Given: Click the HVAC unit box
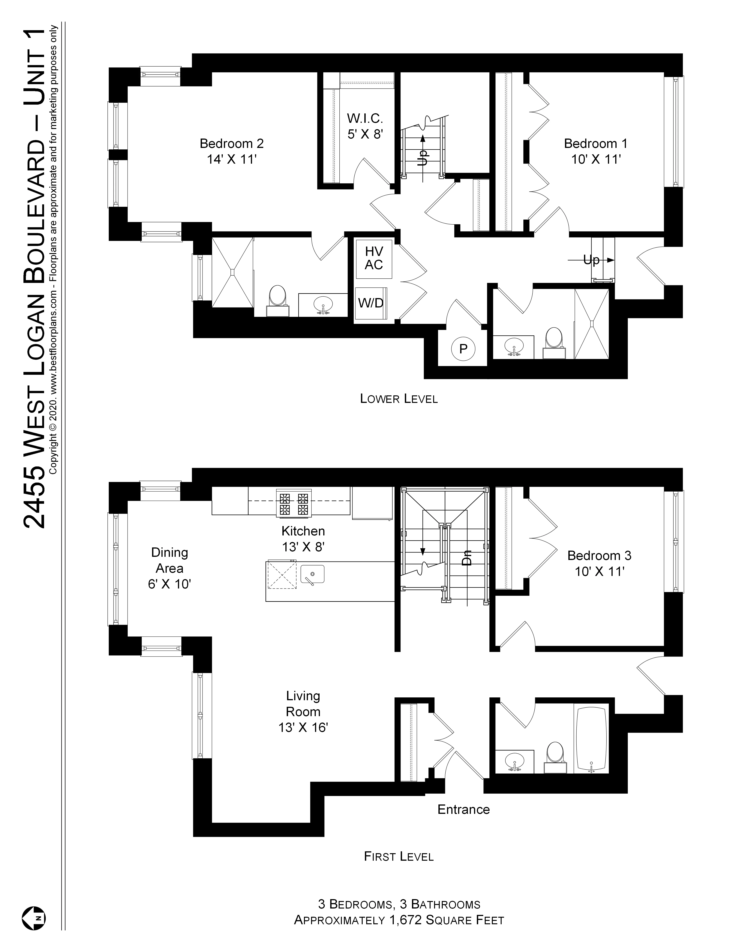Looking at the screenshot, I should pos(374,259).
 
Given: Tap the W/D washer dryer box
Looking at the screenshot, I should pos(371,303).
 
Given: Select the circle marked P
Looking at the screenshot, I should pos(463,349).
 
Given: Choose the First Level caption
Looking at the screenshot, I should pos(398,857).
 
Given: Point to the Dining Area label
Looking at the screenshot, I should pos(170,568).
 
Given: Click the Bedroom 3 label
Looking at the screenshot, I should pos(599,563).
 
